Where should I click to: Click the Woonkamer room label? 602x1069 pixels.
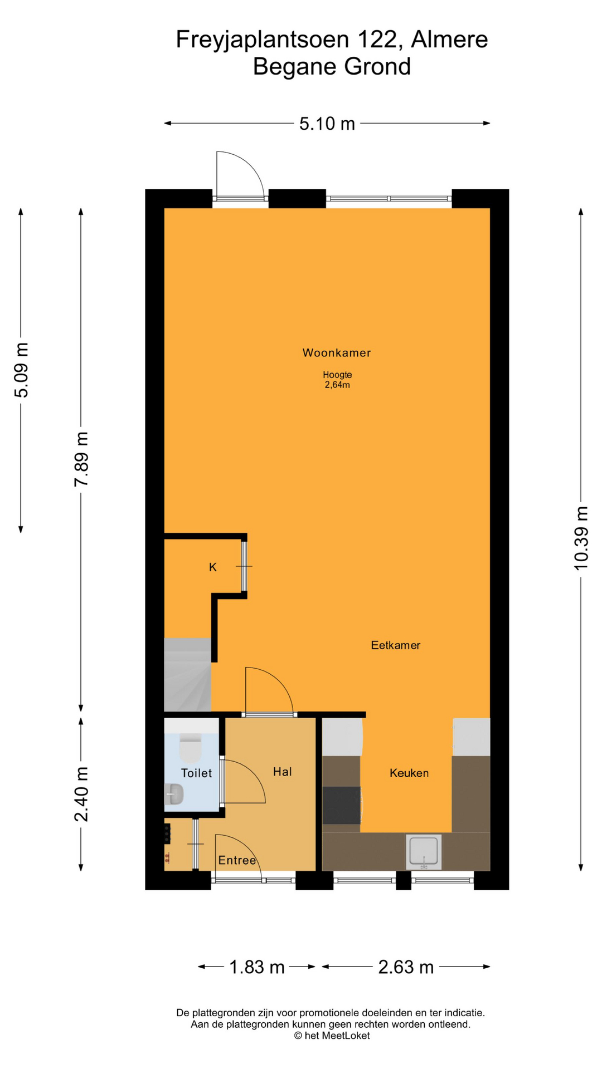tap(337, 352)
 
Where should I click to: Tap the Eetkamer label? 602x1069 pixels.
tap(396, 645)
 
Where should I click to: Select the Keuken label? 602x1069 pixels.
tap(409, 773)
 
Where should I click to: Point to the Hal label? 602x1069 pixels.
tap(283, 771)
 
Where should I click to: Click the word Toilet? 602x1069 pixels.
tap(197, 773)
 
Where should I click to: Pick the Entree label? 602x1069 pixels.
tap(237, 860)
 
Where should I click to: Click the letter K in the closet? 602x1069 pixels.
tap(213, 567)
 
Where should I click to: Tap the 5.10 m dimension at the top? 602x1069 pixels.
tap(327, 124)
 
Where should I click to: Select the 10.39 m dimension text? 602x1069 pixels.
tap(581, 538)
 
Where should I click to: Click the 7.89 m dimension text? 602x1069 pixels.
tap(81, 459)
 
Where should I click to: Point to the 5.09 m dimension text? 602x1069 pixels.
tap(21, 370)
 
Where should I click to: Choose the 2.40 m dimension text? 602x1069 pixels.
tap(81, 794)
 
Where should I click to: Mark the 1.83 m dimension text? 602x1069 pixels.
tap(257, 967)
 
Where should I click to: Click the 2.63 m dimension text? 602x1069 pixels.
tap(406, 967)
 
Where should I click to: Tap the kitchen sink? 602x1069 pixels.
tap(424, 852)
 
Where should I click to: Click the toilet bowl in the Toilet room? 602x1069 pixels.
tap(190, 748)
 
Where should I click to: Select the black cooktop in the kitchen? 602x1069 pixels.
tap(342, 805)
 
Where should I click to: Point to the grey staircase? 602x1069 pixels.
tap(188, 674)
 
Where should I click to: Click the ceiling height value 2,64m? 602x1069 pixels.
tap(337, 385)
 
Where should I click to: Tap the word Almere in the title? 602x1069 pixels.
tap(449, 40)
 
